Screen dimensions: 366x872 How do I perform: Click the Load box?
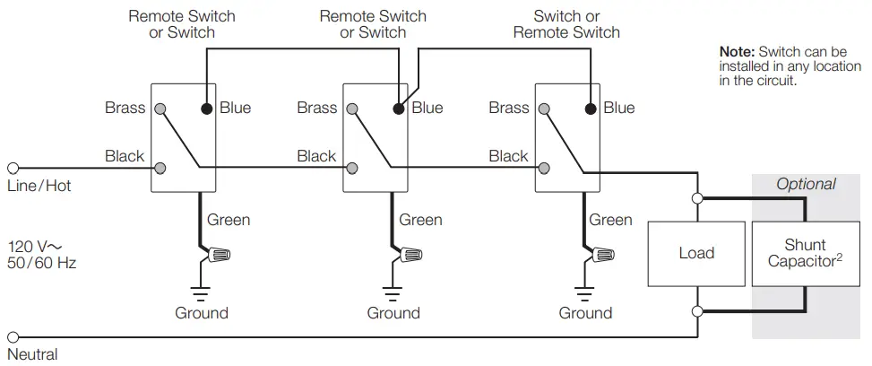[695, 253]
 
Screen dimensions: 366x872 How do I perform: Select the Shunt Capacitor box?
[805, 253]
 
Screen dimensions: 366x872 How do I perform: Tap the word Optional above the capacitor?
[805, 184]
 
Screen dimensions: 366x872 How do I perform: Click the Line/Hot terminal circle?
[13, 168]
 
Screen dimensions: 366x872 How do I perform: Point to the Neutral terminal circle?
[13, 337]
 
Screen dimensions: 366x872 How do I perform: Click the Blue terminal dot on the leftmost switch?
[206, 109]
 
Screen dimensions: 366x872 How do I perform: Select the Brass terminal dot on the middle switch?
[353, 109]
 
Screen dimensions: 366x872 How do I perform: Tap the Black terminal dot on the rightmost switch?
[545, 168]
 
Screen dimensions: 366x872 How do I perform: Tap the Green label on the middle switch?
[420, 220]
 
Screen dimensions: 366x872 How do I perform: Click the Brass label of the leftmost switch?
[125, 108]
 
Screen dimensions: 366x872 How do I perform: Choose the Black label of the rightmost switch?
[508, 156]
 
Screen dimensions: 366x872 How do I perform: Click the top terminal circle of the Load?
[696, 196]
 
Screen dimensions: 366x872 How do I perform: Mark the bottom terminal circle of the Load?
[696, 311]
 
